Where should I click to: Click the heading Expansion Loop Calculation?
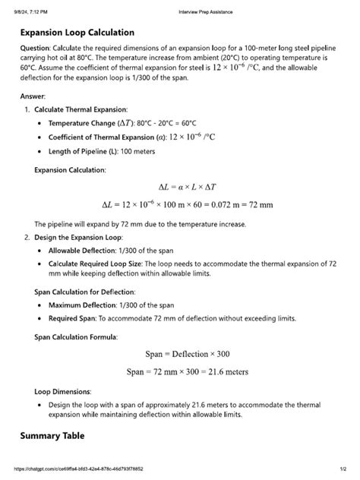coord(77,33)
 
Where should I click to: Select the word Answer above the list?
coord(33,97)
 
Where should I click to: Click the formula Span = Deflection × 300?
coord(187,354)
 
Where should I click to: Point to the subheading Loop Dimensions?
coord(63,392)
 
